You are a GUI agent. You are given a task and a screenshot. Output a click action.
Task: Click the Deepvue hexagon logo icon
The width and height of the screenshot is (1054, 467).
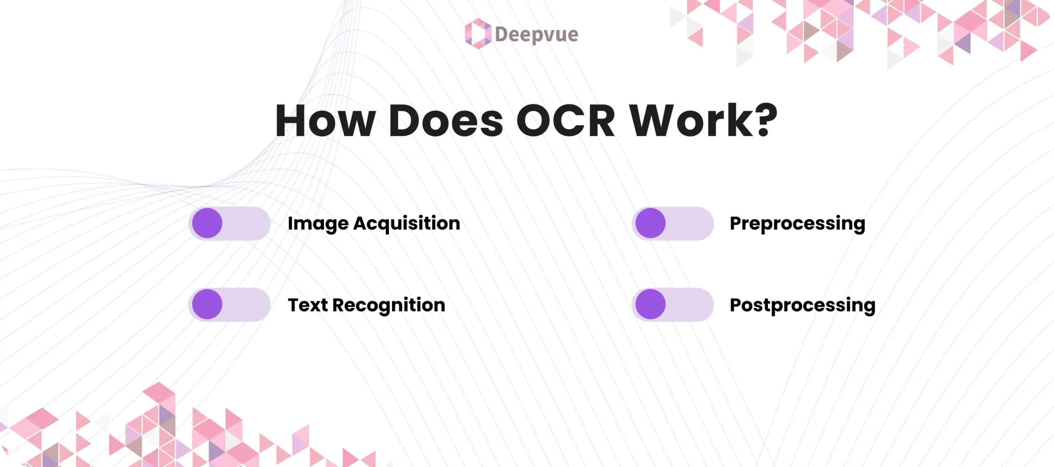(478, 34)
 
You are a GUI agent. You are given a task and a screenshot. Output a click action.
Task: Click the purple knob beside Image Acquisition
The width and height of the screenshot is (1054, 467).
(207, 223)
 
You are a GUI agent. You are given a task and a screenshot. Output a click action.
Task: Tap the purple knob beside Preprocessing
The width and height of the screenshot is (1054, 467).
(651, 223)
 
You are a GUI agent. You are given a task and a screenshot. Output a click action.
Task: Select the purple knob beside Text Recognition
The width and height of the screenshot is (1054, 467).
(207, 304)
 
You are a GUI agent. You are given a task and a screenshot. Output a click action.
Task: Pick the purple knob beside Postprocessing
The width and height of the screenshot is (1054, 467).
(651, 304)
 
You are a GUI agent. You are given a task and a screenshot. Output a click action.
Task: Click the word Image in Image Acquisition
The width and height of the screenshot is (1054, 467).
(318, 224)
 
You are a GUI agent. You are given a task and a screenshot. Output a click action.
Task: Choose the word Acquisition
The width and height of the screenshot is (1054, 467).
(407, 223)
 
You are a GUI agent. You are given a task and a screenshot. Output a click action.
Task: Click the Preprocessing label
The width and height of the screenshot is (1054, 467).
(797, 224)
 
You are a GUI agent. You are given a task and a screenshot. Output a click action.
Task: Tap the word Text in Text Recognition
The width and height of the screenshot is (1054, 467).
(308, 305)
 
